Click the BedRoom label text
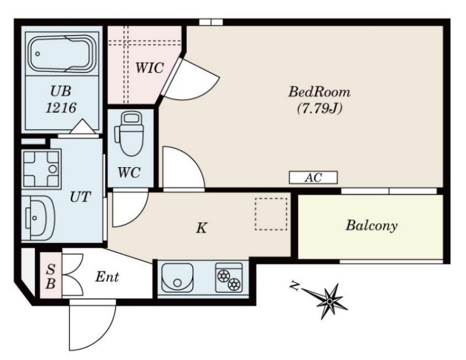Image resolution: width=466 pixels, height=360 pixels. pos(319,92)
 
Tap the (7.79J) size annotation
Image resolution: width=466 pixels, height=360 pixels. pos(320,108)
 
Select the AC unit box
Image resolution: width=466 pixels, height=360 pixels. pos(313,177)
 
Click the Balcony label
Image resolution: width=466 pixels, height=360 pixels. pos(371,226)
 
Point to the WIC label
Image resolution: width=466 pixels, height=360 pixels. pos(149,68)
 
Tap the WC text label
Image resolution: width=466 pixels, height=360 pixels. pos(128,172)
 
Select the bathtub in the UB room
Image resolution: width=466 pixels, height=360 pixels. pos(62,54)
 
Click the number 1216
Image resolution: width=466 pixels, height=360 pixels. pos(61,108)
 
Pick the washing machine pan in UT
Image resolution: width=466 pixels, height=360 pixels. pos(41,169)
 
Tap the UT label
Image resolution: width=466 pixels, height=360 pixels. pos(80,197)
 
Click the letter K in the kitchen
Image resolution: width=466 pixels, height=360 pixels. pos(202,228)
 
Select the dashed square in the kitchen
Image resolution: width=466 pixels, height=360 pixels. pos(271,214)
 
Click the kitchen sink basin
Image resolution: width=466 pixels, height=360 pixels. pos(177,278)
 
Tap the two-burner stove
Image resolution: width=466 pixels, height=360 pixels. pos(229,278)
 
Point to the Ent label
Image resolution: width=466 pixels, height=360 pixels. pos(107,277)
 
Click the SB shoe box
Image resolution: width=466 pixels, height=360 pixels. pos(51,275)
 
